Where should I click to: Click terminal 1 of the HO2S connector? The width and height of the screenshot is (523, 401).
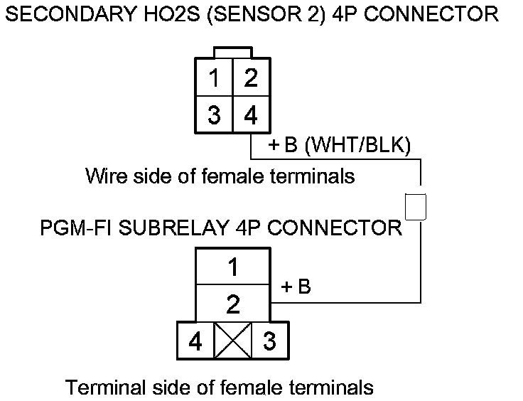point(214,77)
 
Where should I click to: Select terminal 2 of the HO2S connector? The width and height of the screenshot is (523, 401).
point(250,77)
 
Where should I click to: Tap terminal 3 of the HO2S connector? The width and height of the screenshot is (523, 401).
point(214,114)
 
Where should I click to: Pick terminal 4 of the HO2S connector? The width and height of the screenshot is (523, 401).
point(250,114)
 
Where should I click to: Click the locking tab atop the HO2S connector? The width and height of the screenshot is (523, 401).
point(232,53)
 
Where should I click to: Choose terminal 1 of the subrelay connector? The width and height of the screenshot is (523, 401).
point(232,269)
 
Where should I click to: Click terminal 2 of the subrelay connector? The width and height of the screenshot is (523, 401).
point(232,305)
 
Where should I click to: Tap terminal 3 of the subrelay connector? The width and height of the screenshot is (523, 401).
point(269,342)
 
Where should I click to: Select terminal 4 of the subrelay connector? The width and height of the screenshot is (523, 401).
point(195,342)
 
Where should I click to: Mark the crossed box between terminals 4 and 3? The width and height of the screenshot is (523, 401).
point(232,342)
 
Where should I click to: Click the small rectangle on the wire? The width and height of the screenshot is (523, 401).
point(415,206)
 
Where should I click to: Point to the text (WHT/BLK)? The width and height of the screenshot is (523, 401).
point(357,146)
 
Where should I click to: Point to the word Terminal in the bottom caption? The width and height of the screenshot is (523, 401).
point(106,387)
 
